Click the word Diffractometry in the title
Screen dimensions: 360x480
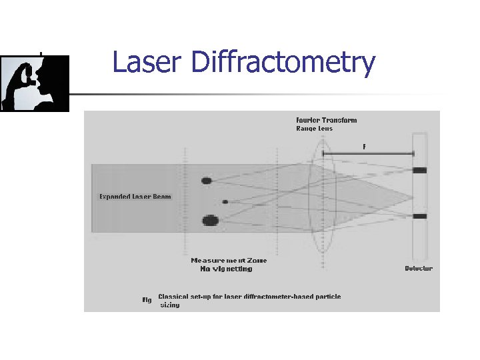point(283,63)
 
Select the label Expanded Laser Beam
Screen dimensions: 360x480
point(135,197)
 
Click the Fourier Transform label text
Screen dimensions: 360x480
point(327,121)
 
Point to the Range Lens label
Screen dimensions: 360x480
point(315,129)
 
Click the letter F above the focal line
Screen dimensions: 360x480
point(364,145)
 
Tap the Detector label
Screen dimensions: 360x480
point(419,269)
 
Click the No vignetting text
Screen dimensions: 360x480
point(226,269)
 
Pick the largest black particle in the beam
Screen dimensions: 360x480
point(210,220)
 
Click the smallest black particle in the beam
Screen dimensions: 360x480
point(225,201)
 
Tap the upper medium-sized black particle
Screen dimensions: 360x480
point(207,181)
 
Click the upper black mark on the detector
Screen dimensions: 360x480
point(420,171)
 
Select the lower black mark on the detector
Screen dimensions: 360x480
point(420,217)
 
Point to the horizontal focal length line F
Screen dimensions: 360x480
point(367,153)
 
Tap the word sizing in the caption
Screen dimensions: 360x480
point(169,305)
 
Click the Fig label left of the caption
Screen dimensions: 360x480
point(147,300)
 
